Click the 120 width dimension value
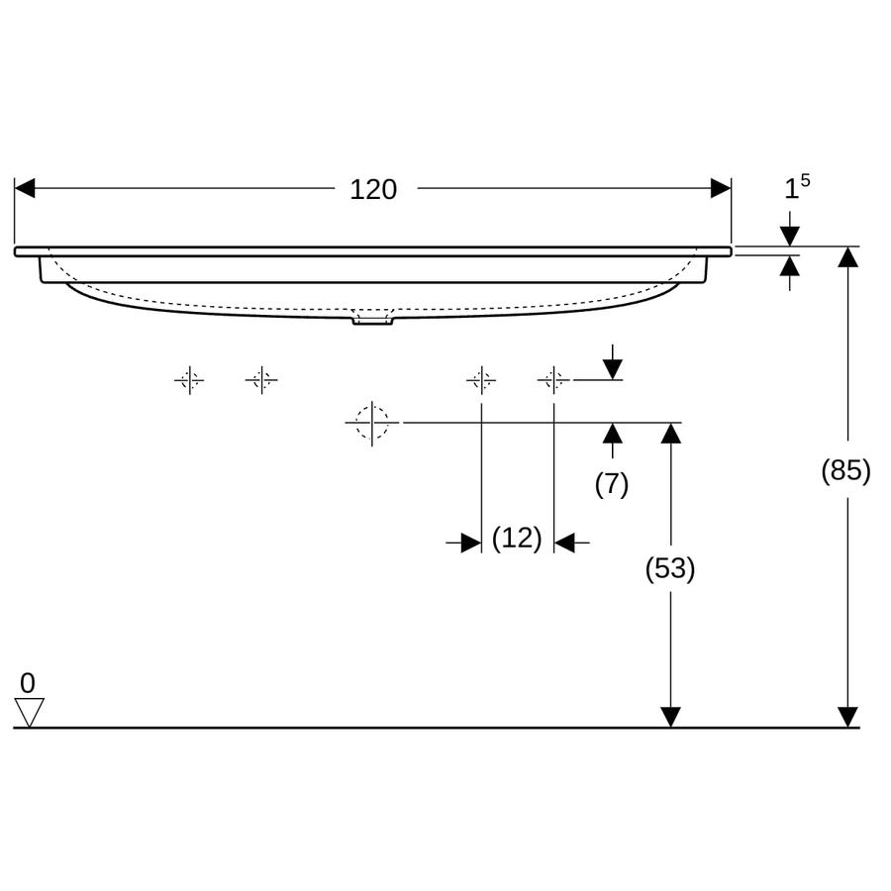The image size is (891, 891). [x=373, y=190]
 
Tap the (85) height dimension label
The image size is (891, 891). [x=845, y=470]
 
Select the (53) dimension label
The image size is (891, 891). [x=670, y=568]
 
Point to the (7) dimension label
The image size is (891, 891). [x=612, y=484]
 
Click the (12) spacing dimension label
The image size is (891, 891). [x=517, y=538]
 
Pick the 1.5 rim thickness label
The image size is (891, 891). [x=797, y=187]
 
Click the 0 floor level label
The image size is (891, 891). [x=28, y=683]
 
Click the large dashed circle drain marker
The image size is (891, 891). [x=372, y=423]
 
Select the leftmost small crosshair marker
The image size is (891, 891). [x=189, y=379]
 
